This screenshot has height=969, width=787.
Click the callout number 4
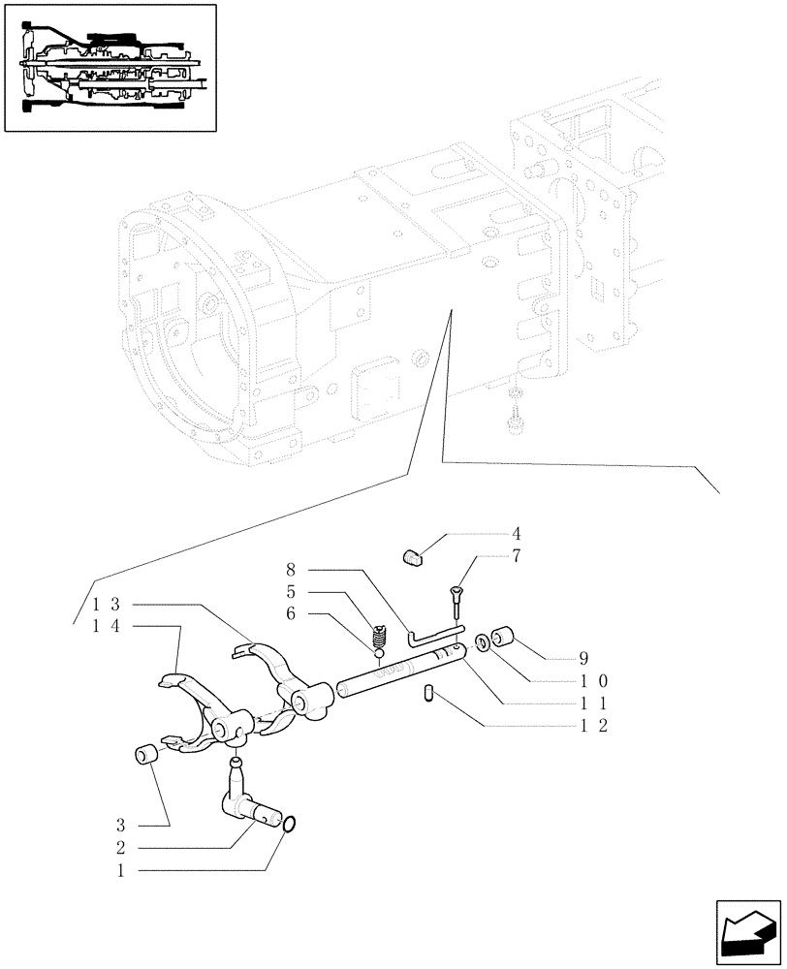click(x=517, y=534)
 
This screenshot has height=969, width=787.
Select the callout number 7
click(x=517, y=556)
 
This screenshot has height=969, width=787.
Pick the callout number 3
click(x=120, y=826)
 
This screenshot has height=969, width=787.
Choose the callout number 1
click(x=120, y=870)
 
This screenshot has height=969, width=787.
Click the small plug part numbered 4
click(x=414, y=556)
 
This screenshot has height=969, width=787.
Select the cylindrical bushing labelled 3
click(x=144, y=755)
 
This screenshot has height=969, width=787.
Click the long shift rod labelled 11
click(x=397, y=672)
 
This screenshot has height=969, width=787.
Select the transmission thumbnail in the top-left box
click(x=110, y=68)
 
